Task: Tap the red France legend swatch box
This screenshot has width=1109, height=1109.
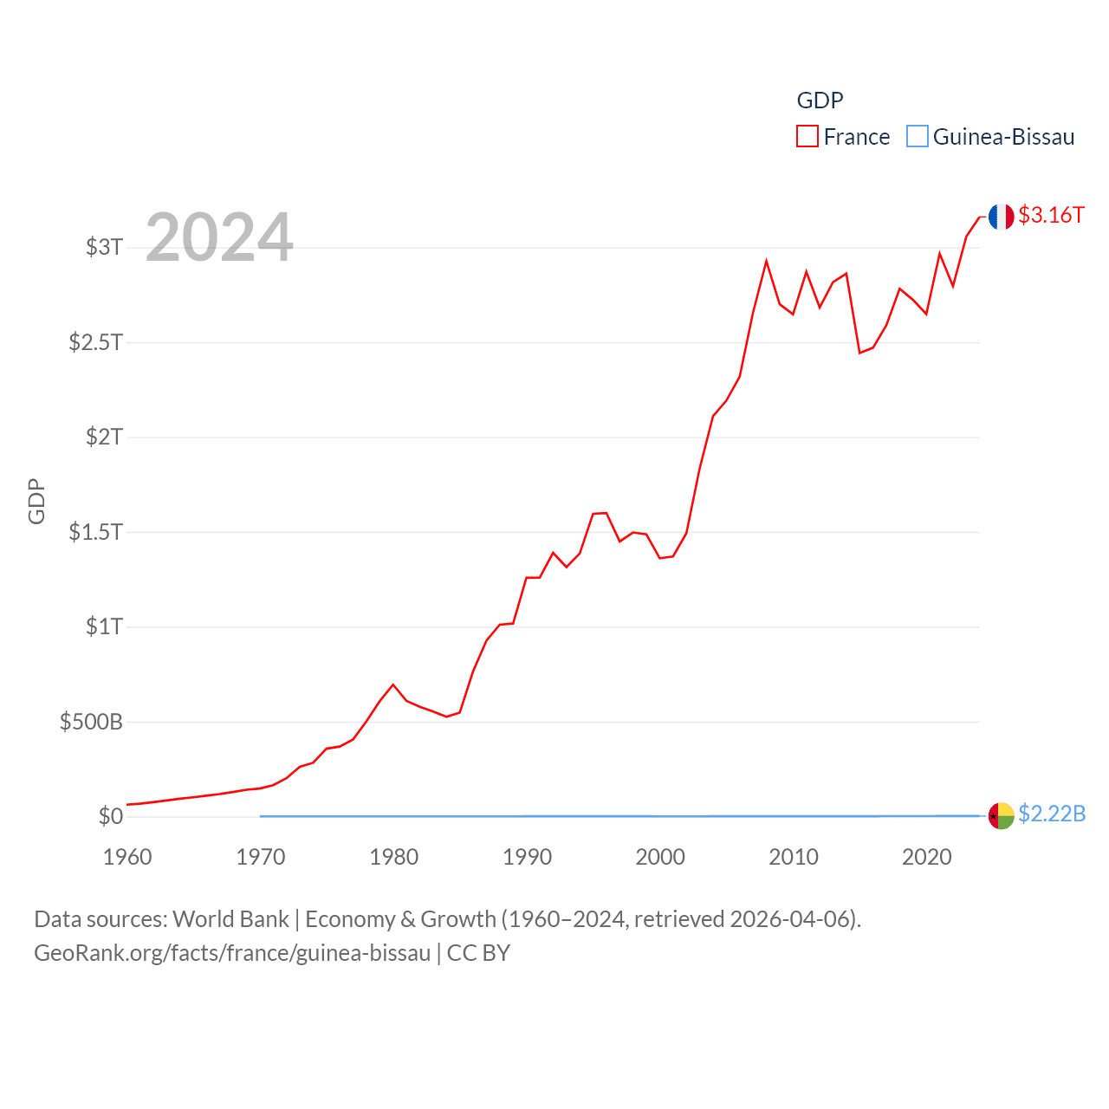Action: click(807, 137)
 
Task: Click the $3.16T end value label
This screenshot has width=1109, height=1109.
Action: click(1051, 215)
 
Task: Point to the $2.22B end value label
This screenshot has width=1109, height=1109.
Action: click(1052, 814)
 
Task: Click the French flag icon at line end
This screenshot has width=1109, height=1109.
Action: click(1001, 217)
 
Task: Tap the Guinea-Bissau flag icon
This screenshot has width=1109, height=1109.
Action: click(1001, 815)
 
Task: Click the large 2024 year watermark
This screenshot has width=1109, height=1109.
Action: click(219, 237)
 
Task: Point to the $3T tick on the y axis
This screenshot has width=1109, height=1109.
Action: click(104, 247)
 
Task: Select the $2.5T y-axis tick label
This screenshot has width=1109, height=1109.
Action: click(95, 342)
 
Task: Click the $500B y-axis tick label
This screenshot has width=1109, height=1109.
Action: click(91, 722)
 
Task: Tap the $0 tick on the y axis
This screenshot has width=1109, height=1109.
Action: click(111, 816)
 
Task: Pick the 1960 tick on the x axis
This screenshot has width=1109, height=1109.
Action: click(127, 857)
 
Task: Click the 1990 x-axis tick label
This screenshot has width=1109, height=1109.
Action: click(527, 857)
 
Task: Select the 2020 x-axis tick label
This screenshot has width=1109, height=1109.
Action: click(926, 857)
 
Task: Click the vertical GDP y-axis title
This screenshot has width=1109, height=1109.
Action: click(36, 501)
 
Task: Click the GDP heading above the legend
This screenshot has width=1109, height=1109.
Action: click(820, 101)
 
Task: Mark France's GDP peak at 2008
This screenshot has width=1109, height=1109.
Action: click(766, 261)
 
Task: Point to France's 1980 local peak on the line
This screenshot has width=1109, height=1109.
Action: click(393, 684)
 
